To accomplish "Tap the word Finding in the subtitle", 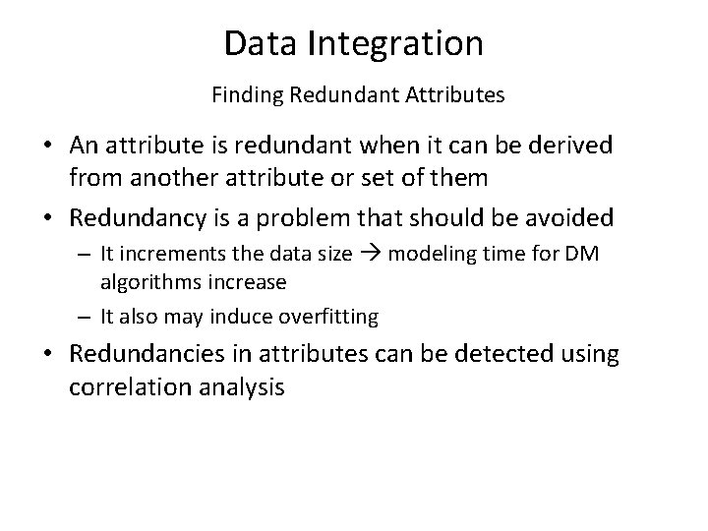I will click(x=245, y=96).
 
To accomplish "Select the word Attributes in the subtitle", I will click(x=453, y=96).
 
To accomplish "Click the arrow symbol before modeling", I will click(x=370, y=254).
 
